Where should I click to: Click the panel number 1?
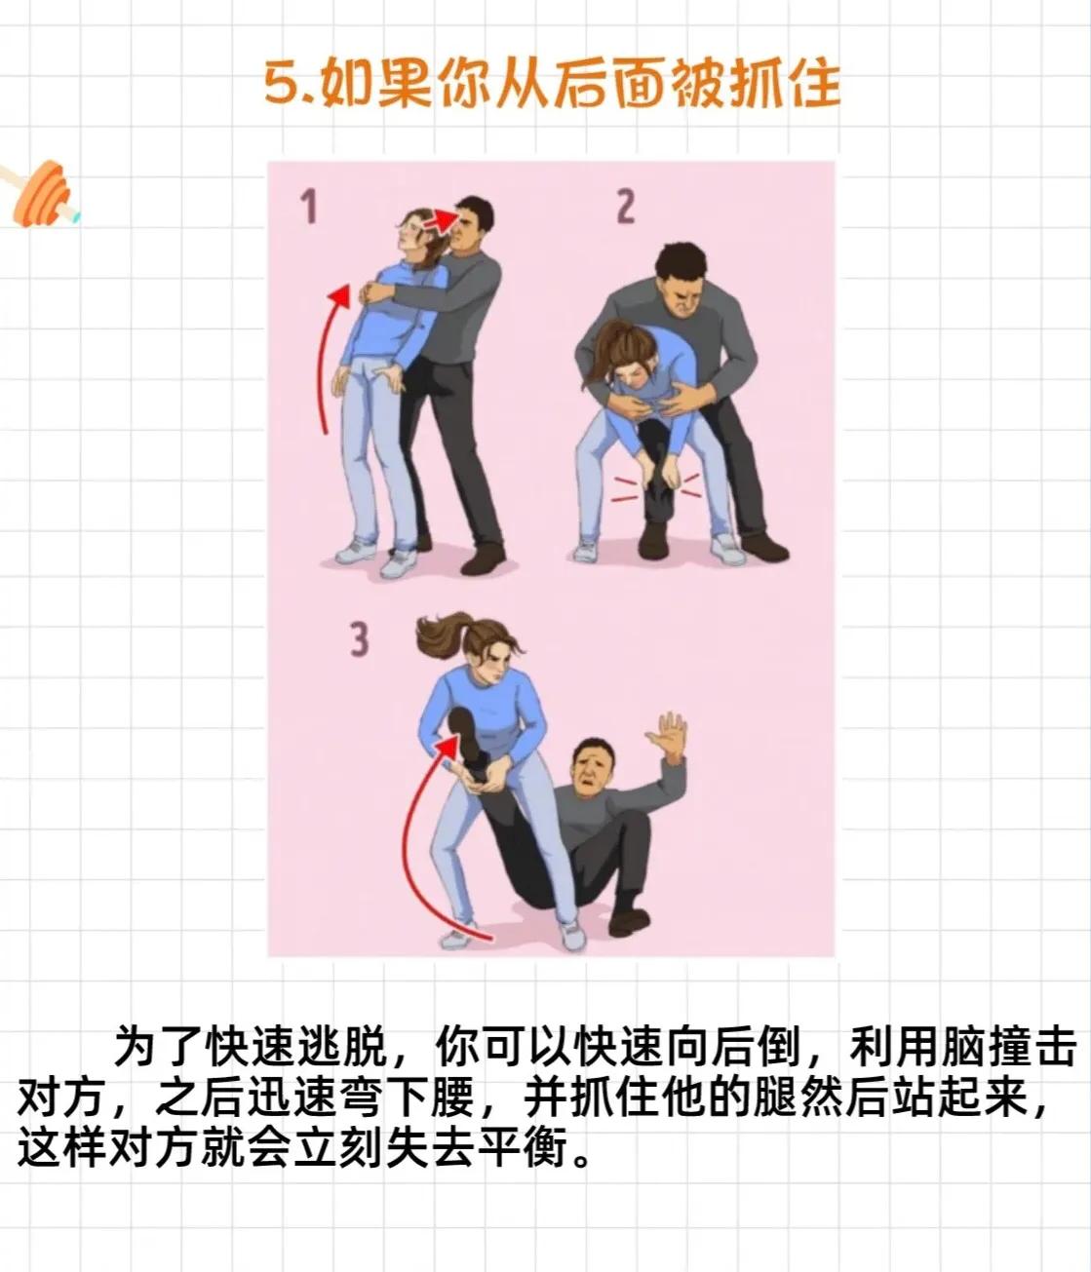[309, 207]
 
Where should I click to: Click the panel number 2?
[625, 207]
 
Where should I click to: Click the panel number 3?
[360, 639]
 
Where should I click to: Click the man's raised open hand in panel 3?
[669, 738]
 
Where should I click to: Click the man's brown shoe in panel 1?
[484, 559]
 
